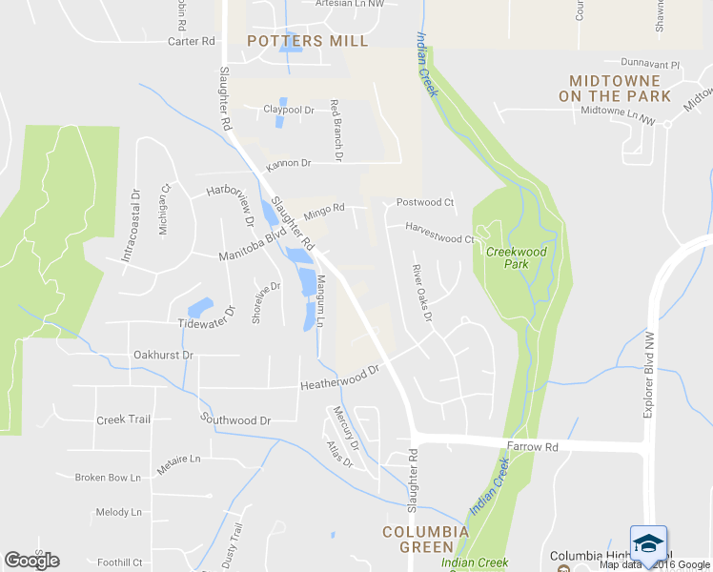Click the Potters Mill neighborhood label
pyautogui.click(x=307, y=40)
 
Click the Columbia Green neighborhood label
pyautogui.click(x=425, y=539)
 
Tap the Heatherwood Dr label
pyautogui.click(x=340, y=378)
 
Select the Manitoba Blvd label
pyautogui.click(x=252, y=246)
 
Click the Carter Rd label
pyautogui.click(x=191, y=41)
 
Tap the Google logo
pyautogui.click(x=31, y=561)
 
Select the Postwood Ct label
pyautogui.click(x=425, y=202)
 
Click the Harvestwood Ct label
pyautogui.click(x=439, y=233)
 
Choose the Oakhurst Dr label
pyautogui.click(x=163, y=355)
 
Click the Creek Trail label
pyautogui.click(x=124, y=419)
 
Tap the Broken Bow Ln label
pyautogui.click(x=108, y=477)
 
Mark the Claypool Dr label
pyautogui.click(x=289, y=110)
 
